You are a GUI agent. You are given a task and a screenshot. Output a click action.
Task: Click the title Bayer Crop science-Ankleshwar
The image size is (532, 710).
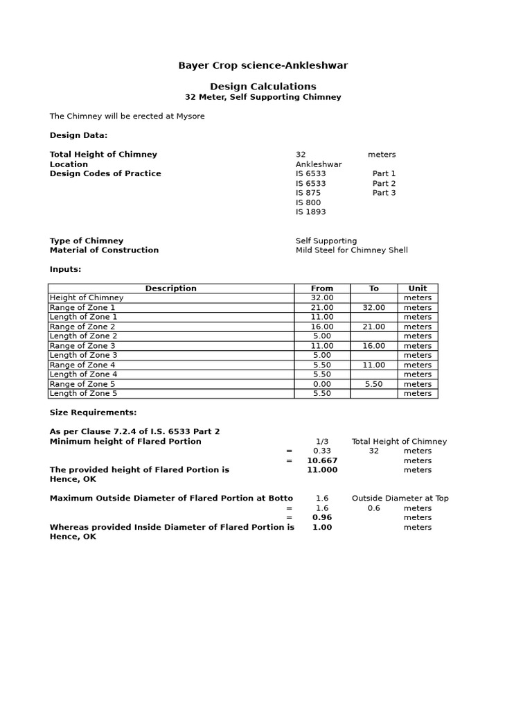[x=263, y=66]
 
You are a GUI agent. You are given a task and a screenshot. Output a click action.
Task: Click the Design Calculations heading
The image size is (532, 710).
[x=263, y=87]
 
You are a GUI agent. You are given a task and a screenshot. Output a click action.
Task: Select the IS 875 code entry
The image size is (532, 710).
[x=308, y=193]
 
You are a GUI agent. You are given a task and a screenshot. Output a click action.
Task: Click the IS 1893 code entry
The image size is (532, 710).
[x=310, y=212]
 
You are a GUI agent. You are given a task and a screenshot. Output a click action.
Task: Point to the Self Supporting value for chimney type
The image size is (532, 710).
[x=326, y=241]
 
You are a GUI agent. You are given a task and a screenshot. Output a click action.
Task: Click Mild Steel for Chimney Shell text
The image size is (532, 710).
[x=351, y=250]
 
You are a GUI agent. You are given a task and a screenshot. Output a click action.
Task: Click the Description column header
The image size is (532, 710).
[x=170, y=288]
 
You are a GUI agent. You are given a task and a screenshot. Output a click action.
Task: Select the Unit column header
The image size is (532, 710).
[x=418, y=288]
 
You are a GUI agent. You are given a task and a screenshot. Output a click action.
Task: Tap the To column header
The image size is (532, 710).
[x=374, y=288]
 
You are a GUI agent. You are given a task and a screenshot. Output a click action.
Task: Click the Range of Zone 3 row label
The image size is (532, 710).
[x=82, y=346]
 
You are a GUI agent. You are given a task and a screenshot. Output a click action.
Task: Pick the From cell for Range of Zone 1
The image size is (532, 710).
[x=322, y=308]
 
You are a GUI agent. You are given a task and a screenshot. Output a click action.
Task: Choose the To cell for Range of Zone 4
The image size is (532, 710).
[x=374, y=365]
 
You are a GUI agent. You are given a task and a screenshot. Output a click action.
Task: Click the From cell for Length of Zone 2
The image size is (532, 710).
[x=322, y=336]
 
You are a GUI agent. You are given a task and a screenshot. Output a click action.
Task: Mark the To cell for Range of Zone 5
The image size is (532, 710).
[x=374, y=384]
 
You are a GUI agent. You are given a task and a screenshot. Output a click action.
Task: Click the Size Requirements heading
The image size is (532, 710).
[x=94, y=413]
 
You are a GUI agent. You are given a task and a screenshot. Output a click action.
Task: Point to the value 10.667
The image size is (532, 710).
[x=322, y=460]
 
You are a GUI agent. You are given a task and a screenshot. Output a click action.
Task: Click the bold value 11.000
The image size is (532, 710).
[x=322, y=470]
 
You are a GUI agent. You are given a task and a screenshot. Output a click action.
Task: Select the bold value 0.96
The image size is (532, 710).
[x=322, y=517]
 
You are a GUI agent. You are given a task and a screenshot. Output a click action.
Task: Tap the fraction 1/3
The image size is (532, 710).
[x=322, y=442]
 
